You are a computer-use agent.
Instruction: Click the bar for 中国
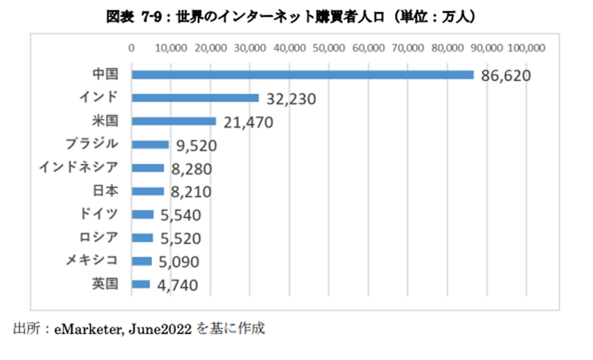pos(302,75)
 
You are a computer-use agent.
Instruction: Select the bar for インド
pos(195,98)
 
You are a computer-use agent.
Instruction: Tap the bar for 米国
pos(174,121)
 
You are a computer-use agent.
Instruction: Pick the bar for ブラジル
pos(150,145)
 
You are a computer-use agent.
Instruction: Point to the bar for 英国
pos(141,284)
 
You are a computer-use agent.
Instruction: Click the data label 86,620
pos(504,76)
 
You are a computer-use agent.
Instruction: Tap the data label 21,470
pos(247,122)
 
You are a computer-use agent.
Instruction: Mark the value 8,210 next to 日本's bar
pos(191,192)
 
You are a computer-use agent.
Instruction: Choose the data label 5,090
pos(179,262)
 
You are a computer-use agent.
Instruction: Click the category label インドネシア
pos(78,168)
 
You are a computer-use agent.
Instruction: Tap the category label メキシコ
pos(92,260)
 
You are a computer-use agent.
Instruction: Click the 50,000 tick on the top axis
pos(328,48)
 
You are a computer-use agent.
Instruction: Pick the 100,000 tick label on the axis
pos(526,48)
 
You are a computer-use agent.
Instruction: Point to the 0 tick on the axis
pos(132,48)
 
